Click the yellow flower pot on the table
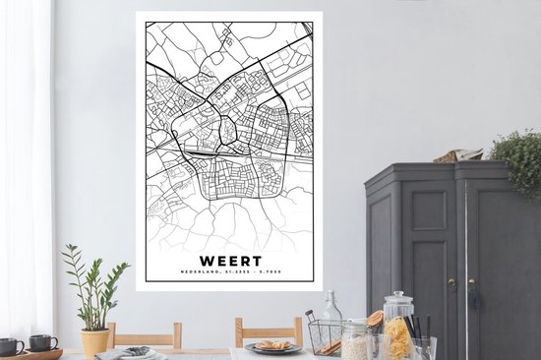point(94,340)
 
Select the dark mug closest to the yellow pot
point(42,342)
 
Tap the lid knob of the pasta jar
point(399,294)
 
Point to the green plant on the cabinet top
point(516,157)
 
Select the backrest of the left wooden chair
point(144,334)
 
